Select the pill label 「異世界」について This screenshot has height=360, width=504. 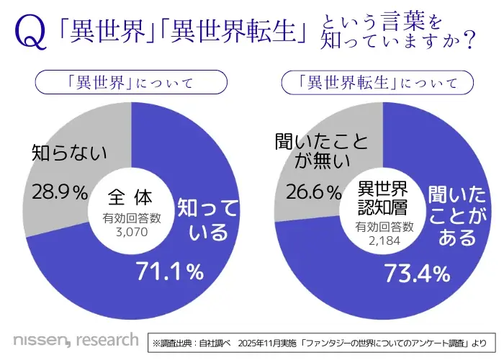131,83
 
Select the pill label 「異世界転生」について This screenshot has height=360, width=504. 382,83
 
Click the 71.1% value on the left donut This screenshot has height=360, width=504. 171,271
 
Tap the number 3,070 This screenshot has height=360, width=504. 130,232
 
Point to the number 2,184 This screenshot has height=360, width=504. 383,240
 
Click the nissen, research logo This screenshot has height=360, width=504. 76,338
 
